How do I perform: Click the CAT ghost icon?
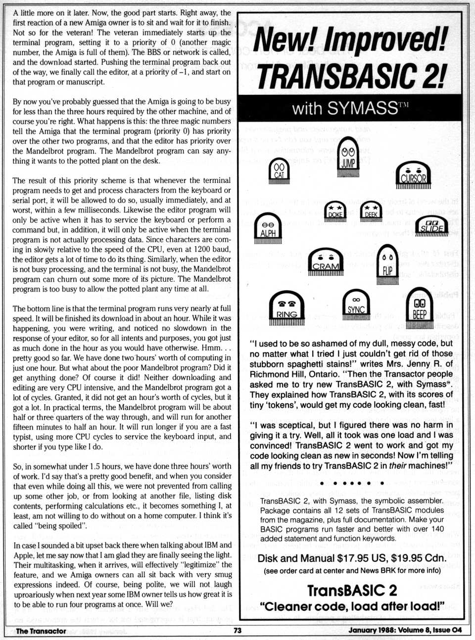pyautogui.click(x=279, y=171)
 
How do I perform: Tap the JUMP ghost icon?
pyautogui.click(x=348, y=157)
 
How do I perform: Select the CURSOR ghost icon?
pyautogui.click(x=413, y=174)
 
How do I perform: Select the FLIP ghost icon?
pyautogui.click(x=387, y=264)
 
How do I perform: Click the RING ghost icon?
pyautogui.click(x=286, y=308)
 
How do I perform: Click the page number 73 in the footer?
pyautogui.click(x=237, y=630)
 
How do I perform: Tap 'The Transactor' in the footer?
pyautogui.click(x=41, y=631)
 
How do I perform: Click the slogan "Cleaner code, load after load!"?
pyautogui.click(x=352, y=606)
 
